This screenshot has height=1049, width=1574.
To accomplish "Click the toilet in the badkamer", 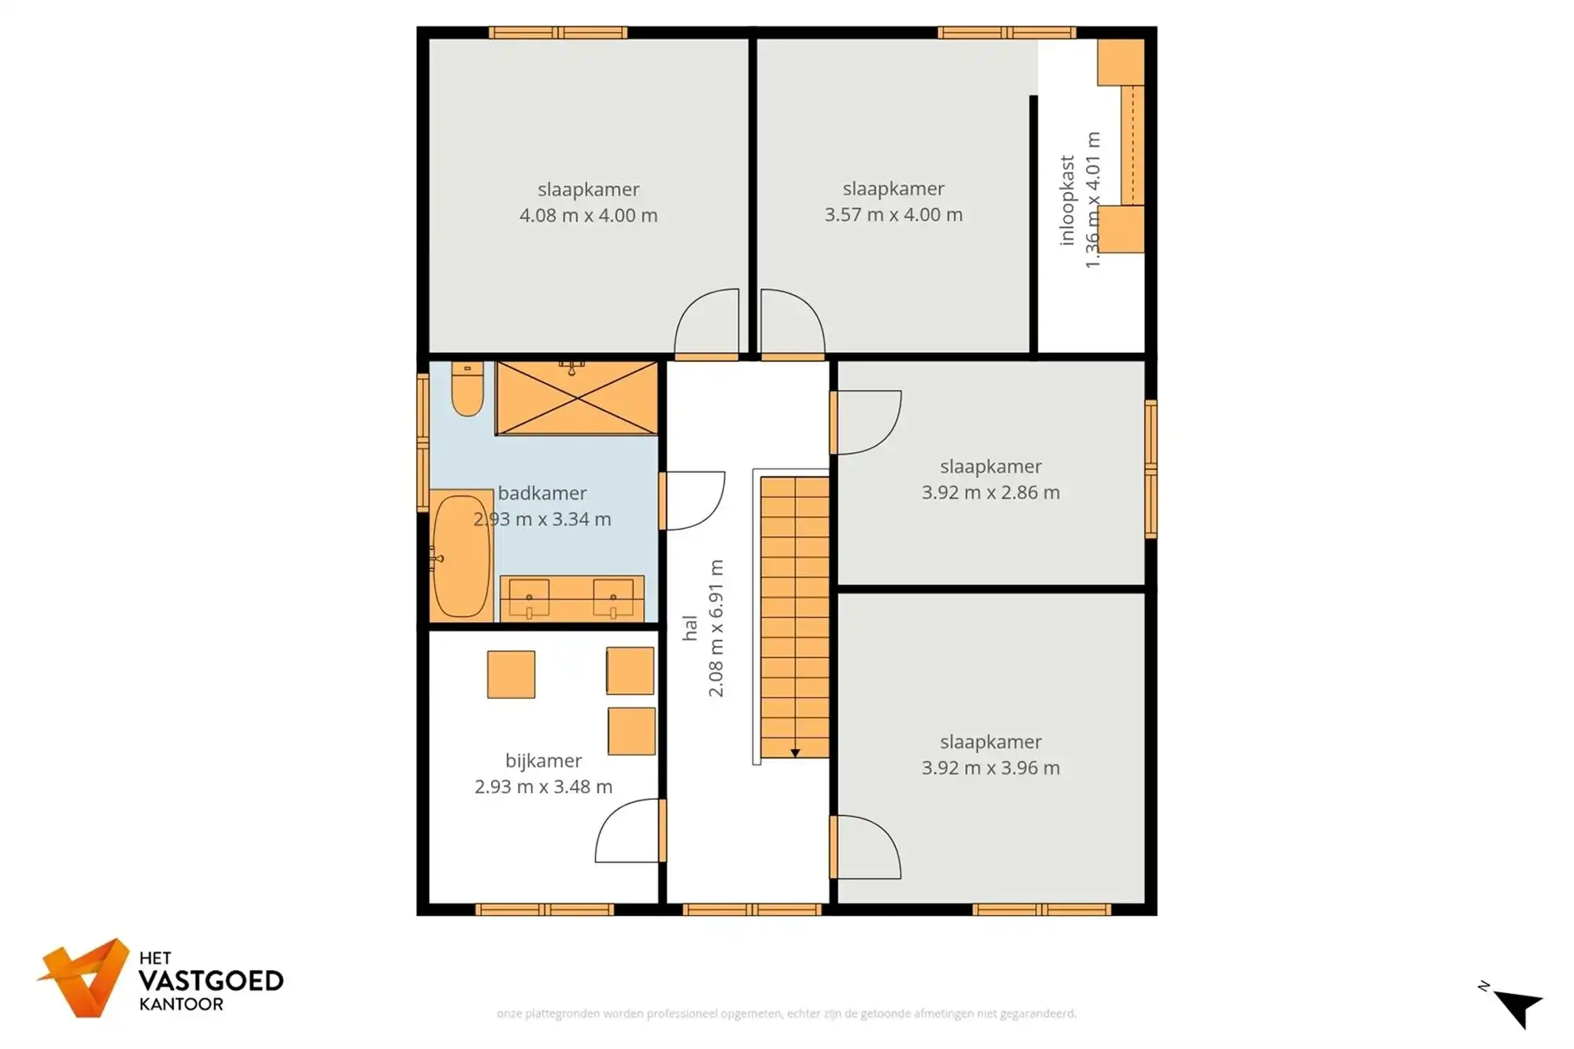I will pyautogui.click(x=467, y=390).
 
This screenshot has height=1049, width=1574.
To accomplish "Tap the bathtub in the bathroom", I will pyautogui.click(x=461, y=556).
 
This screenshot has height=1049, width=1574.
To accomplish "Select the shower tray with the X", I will pyautogui.click(x=577, y=398).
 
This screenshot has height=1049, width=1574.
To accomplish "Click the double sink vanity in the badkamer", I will pyautogui.click(x=572, y=599).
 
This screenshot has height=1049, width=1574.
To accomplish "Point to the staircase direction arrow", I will pyautogui.click(x=795, y=753).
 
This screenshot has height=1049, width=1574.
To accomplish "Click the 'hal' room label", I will pyautogui.click(x=690, y=628).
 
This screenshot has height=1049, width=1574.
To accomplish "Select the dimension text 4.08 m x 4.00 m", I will pyautogui.click(x=588, y=216).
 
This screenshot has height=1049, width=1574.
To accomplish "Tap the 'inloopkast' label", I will pyautogui.click(x=1067, y=200).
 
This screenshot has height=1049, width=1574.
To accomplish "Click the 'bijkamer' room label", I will pyautogui.click(x=543, y=761).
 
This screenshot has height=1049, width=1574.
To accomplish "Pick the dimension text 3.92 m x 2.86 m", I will pyautogui.click(x=990, y=493).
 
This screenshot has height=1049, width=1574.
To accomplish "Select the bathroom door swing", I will pyautogui.click(x=693, y=500).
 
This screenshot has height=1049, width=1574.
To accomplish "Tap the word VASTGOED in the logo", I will pyautogui.click(x=211, y=981).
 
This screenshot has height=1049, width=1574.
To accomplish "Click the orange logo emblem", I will pyautogui.click(x=86, y=977).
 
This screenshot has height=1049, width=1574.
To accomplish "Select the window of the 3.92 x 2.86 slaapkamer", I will pyautogui.click(x=1151, y=469).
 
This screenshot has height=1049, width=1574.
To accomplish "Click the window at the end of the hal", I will pyautogui.click(x=752, y=910).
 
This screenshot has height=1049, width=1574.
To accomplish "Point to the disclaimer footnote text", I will pyautogui.click(x=786, y=1014).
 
